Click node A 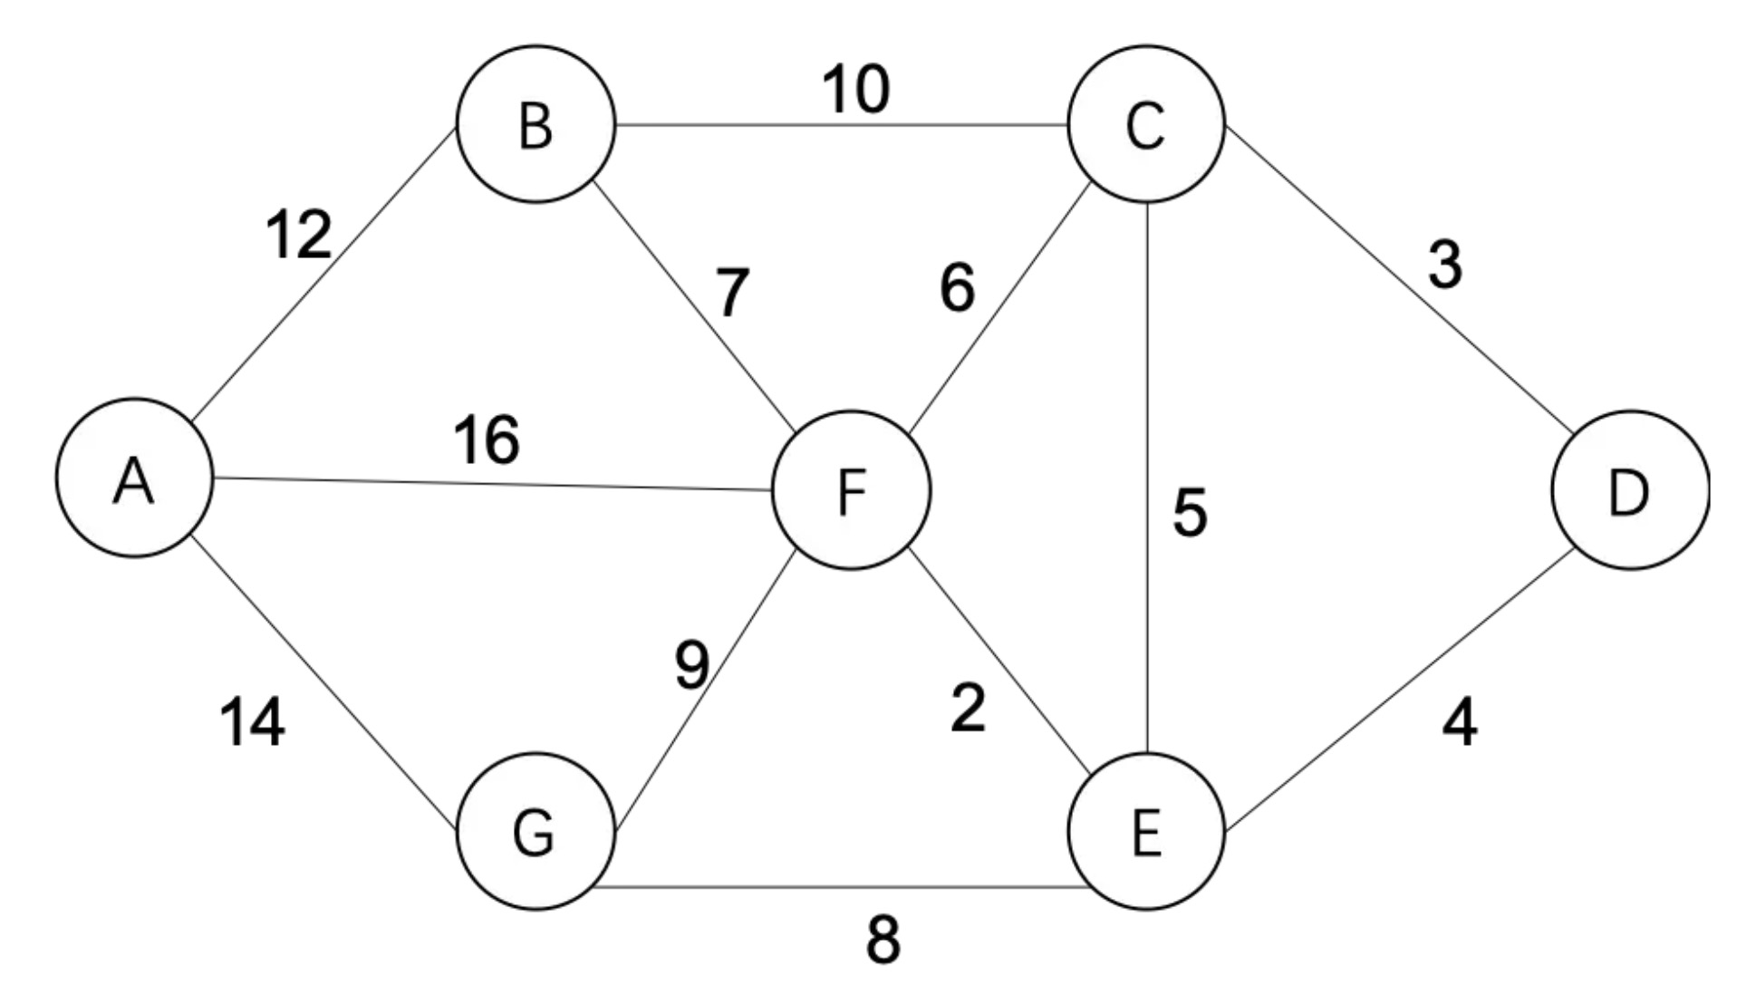click(x=134, y=478)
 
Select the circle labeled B click(x=535, y=124)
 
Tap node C click(x=1146, y=124)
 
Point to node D click(x=1630, y=490)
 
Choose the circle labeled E click(x=1146, y=831)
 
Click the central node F click(x=851, y=490)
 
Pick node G click(x=535, y=831)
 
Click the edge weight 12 click(x=299, y=235)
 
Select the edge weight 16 click(x=487, y=440)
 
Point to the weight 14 click(x=253, y=722)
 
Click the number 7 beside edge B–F click(x=732, y=293)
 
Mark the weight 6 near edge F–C click(x=958, y=288)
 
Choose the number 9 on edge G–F click(x=692, y=664)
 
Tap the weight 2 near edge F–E click(x=968, y=708)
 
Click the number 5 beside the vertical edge click(x=1190, y=512)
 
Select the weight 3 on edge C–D click(x=1445, y=266)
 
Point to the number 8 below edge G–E click(x=883, y=940)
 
